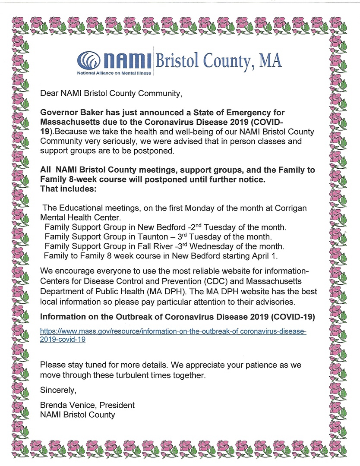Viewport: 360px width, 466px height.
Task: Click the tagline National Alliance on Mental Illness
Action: (x=114, y=73)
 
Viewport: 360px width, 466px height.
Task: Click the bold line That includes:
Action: (x=66, y=189)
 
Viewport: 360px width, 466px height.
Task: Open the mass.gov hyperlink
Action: (x=173, y=335)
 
